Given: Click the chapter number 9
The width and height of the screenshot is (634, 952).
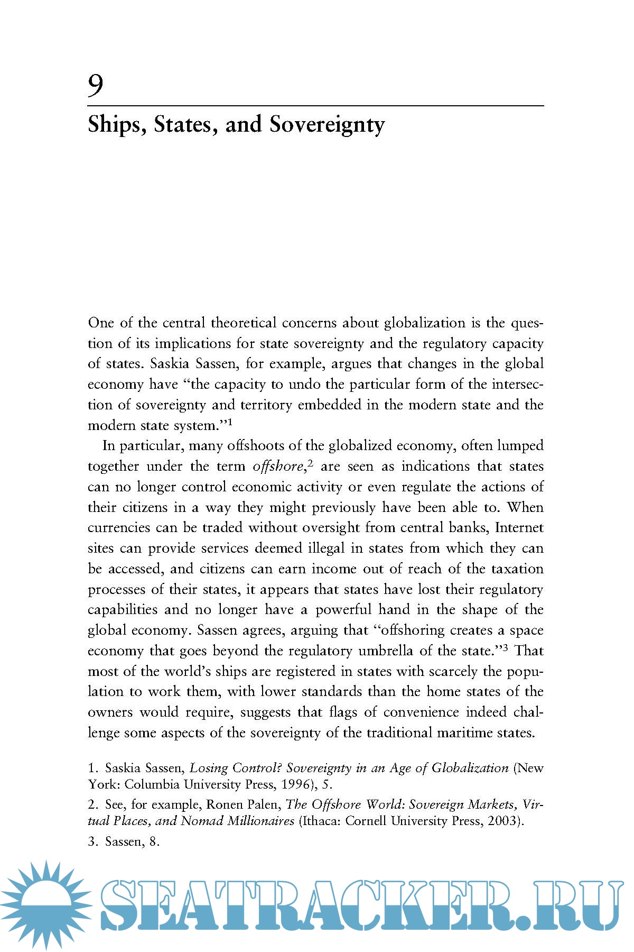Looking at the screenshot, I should (x=96, y=86).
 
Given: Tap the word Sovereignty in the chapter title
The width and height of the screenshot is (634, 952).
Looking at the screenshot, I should (x=327, y=125).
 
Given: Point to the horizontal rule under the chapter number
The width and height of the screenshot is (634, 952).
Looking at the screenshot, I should (x=315, y=106).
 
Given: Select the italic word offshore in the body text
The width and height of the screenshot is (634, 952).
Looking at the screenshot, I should (x=278, y=466).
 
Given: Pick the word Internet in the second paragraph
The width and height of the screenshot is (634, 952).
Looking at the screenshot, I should (x=519, y=528).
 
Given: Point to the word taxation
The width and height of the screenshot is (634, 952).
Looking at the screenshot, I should (x=517, y=569).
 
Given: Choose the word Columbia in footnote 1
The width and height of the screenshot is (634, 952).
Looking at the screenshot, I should (x=152, y=784).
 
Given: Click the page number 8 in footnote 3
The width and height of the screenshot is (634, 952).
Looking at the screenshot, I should (x=154, y=841).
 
